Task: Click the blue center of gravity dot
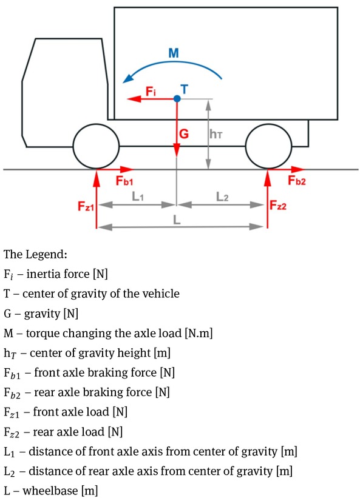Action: (x=177, y=99)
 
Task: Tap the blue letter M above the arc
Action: (x=174, y=53)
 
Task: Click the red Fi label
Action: (x=151, y=92)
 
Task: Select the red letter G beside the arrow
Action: (x=184, y=133)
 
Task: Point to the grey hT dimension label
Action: (x=216, y=134)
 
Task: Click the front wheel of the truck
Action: (x=97, y=146)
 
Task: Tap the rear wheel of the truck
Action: (x=268, y=146)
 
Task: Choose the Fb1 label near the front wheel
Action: (x=124, y=181)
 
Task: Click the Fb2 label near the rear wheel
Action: (x=296, y=180)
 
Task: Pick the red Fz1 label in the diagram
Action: (x=86, y=206)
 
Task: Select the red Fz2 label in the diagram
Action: (x=278, y=206)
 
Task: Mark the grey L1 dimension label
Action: (x=138, y=197)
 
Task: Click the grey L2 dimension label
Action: (x=222, y=197)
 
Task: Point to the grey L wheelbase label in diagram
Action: (x=177, y=220)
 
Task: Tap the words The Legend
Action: (x=35, y=254)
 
